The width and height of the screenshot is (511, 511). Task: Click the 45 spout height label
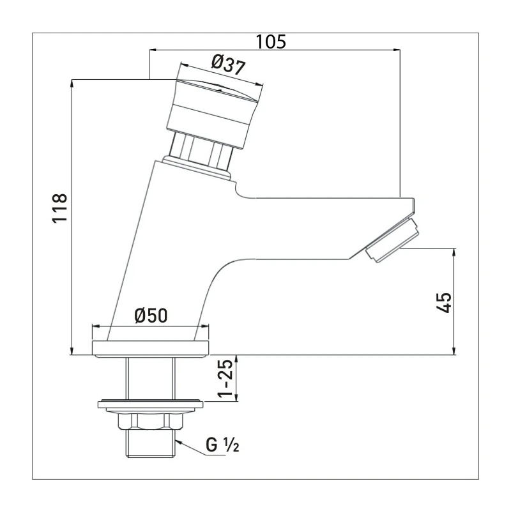[445, 301]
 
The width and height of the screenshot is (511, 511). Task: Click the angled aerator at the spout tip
[390, 240]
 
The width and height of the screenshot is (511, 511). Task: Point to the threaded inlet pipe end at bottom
[150, 443]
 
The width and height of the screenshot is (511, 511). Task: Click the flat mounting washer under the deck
[150, 404]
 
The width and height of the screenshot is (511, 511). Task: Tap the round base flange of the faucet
[151, 349]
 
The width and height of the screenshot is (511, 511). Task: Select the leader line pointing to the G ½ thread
[190, 445]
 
